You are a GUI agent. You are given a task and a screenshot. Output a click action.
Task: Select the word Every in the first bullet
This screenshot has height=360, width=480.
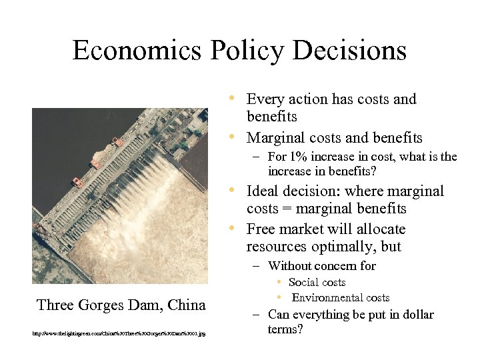pyautogui.click(x=265, y=99)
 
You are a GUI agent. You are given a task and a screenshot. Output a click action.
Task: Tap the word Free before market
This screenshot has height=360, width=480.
pyautogui.click(x=261, y=229)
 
